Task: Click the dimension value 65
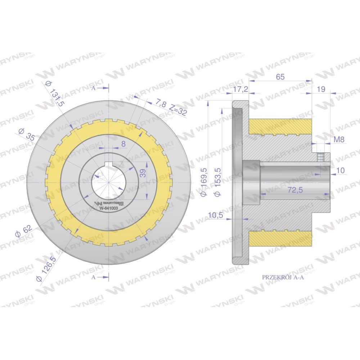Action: tap(280, 77)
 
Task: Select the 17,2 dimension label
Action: tap(240, 89)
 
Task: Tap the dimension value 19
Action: tap(321, 89)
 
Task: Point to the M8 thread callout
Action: tap(339, 139)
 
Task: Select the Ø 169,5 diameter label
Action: tap(204, 182)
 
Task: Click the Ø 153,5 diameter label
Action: tap(217, 182)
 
